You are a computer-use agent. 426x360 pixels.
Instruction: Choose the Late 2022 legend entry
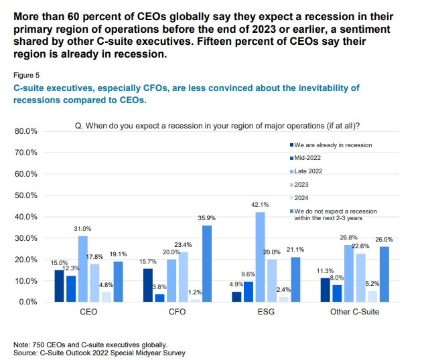pos(311,171)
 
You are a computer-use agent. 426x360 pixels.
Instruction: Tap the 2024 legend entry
pos(303,198)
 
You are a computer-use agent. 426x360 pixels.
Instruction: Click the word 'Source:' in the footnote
pos(27,352)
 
